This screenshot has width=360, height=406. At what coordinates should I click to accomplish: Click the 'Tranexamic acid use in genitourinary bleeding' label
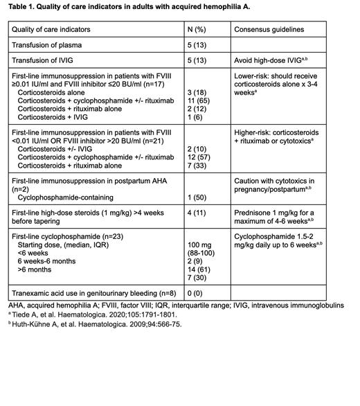(x=90, y=293)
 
